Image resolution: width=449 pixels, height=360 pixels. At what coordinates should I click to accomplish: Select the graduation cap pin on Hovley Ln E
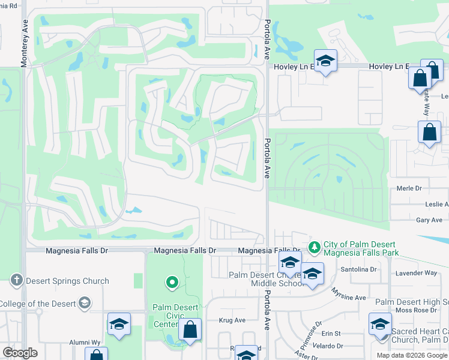point(325,61)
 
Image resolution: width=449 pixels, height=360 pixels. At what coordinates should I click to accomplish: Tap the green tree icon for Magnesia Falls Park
point(314,247)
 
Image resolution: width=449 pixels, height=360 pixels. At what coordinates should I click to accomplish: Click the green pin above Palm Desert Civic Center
point(172,281)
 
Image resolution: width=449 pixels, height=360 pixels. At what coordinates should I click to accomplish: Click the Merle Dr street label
point(410,188)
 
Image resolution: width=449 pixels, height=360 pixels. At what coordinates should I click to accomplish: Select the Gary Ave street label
point(429,221)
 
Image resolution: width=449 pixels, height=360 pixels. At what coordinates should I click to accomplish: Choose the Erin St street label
point(331,333)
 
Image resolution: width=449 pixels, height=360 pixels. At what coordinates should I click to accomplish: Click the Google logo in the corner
point(20,353)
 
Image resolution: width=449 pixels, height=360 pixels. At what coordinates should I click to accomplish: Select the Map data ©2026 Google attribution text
point(412,355)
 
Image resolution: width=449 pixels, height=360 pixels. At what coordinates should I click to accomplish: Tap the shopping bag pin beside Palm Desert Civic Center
point(190,330)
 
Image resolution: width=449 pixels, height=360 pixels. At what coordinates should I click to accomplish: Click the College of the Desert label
point(39,303)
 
